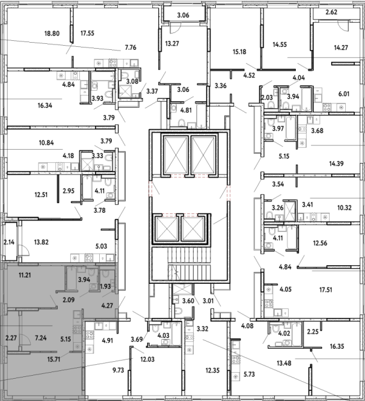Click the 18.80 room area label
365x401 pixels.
(x=52, y=34)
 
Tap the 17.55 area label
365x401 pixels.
(x=87, y=33)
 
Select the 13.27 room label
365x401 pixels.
(x=172, y=44)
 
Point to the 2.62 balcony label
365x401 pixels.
(x=331, y=12)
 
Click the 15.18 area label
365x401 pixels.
(x=239, y=52)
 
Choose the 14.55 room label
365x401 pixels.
(x=280, y=44)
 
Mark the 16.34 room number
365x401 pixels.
(x=45, y=105)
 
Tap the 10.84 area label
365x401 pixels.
(x=46, y=142)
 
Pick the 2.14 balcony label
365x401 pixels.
(x=9, y=242)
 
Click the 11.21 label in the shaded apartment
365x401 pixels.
(x=25, y=275)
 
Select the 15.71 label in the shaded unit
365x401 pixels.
(x=54, y=360)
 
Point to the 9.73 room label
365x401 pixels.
(x=118, y=370)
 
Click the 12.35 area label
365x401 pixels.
(x=212, y=370)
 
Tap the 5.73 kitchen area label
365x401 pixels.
(x=249, y=375)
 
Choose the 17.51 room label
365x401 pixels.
(x=325, y=290)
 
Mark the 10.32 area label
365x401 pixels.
(x=345, y=207)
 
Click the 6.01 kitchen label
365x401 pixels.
(x=344, y=94)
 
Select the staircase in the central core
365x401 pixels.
(x=189, y=265)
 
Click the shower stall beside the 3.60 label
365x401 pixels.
(x=182, y=290)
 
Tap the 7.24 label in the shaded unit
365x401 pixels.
(x=41, y=338)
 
